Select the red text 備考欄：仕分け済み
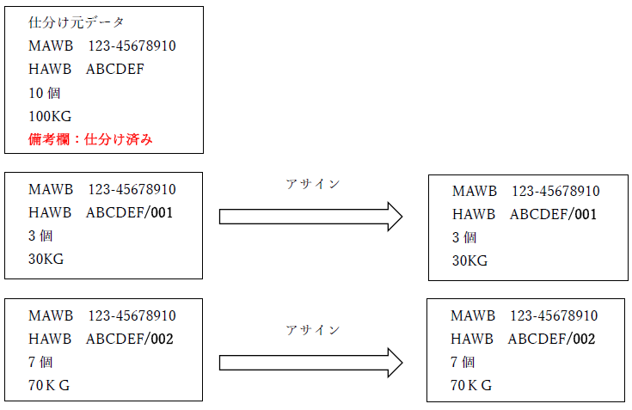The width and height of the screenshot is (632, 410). (x=90, y=139)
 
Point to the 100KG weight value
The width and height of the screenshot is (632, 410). (x=50, y=116)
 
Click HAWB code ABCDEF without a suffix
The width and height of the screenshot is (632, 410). (x=115, y=70)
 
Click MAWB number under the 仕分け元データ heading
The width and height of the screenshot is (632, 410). (x=131, y=46)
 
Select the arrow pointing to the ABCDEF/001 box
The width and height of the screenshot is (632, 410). (x=310, y=217)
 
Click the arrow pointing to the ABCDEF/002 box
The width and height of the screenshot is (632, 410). (x=310, y=363)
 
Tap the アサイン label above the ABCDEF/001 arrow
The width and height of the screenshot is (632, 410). (x=312, y=184)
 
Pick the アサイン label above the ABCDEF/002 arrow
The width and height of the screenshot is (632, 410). (x=312, y=330)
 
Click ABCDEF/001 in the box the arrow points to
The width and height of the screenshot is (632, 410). (x=553, y=214)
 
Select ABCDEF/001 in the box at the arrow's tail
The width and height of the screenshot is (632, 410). (x=129, y=212)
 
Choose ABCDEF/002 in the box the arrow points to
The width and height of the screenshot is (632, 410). (x=551, y=340)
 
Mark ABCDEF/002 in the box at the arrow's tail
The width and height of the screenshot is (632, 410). (x=129, y=340)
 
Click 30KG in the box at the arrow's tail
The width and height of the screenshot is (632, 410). (x=46, y=259)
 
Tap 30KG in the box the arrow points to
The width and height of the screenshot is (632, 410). (x=470, y=260)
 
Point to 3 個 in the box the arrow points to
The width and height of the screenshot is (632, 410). (x=464, y=237)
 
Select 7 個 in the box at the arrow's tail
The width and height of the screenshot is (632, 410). (x=40, y=363)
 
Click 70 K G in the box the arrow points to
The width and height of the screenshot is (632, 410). (x=471, y=386)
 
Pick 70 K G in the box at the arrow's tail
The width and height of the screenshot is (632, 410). (x=49, y=386)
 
